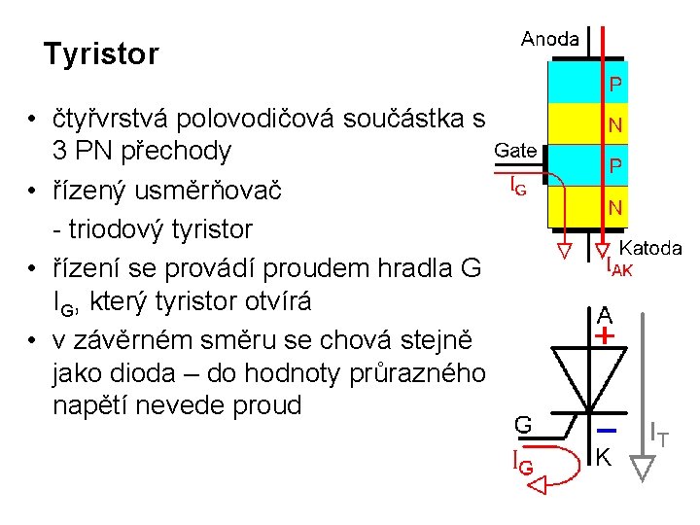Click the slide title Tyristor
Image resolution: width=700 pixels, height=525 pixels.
click(x=101, y=54)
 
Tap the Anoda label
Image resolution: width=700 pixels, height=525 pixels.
click(x=549, y=39)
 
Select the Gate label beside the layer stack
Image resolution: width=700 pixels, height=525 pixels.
click(x=515, y=150)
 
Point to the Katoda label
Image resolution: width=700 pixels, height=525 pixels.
click(x=650, y=248)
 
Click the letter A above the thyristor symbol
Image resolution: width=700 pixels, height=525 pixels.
click(x=605, y=315)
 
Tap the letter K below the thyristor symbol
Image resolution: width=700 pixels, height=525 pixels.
click(x=604, y=455)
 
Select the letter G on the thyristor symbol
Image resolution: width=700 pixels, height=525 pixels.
click(x=523, y=425)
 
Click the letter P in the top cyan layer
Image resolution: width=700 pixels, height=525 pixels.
click(x=615, y=87)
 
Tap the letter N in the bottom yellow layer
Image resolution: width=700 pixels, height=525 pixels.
click(x=615, y=207)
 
